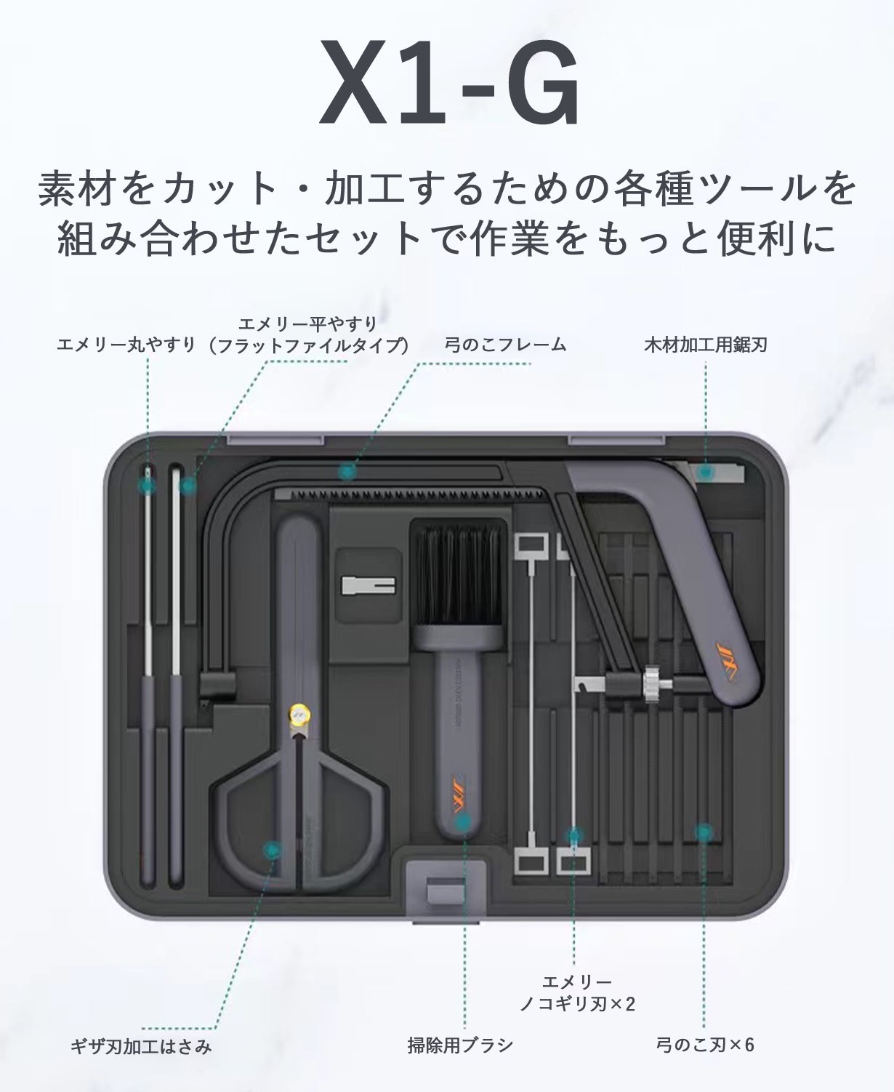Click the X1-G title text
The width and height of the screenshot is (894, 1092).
click(x=448, y=84)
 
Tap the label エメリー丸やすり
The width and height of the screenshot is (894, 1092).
click(x=126, y=345)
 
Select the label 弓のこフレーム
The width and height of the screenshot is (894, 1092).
click(x=506, y=345)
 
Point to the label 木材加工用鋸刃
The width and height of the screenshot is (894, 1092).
click(x=706, y=345)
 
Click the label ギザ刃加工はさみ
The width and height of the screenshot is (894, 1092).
click(x=141, y=1046)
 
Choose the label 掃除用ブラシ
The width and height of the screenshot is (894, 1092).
click(x=460, y=1045)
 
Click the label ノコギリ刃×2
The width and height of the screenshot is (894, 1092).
click(x=577, y=1004)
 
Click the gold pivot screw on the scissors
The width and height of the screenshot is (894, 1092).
click(x=299, y=715)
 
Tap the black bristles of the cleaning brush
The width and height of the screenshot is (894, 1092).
click(x=458, y=575)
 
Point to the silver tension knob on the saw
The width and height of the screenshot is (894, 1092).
click(x=651, y=684)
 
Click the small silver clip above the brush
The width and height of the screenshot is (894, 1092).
click(x=369, y=585)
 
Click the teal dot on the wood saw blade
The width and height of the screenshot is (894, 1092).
click(x=706, y=472)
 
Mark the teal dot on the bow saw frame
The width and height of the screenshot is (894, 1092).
click(x=347, y=471)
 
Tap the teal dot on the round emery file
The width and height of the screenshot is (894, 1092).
click(x=148, y=485)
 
